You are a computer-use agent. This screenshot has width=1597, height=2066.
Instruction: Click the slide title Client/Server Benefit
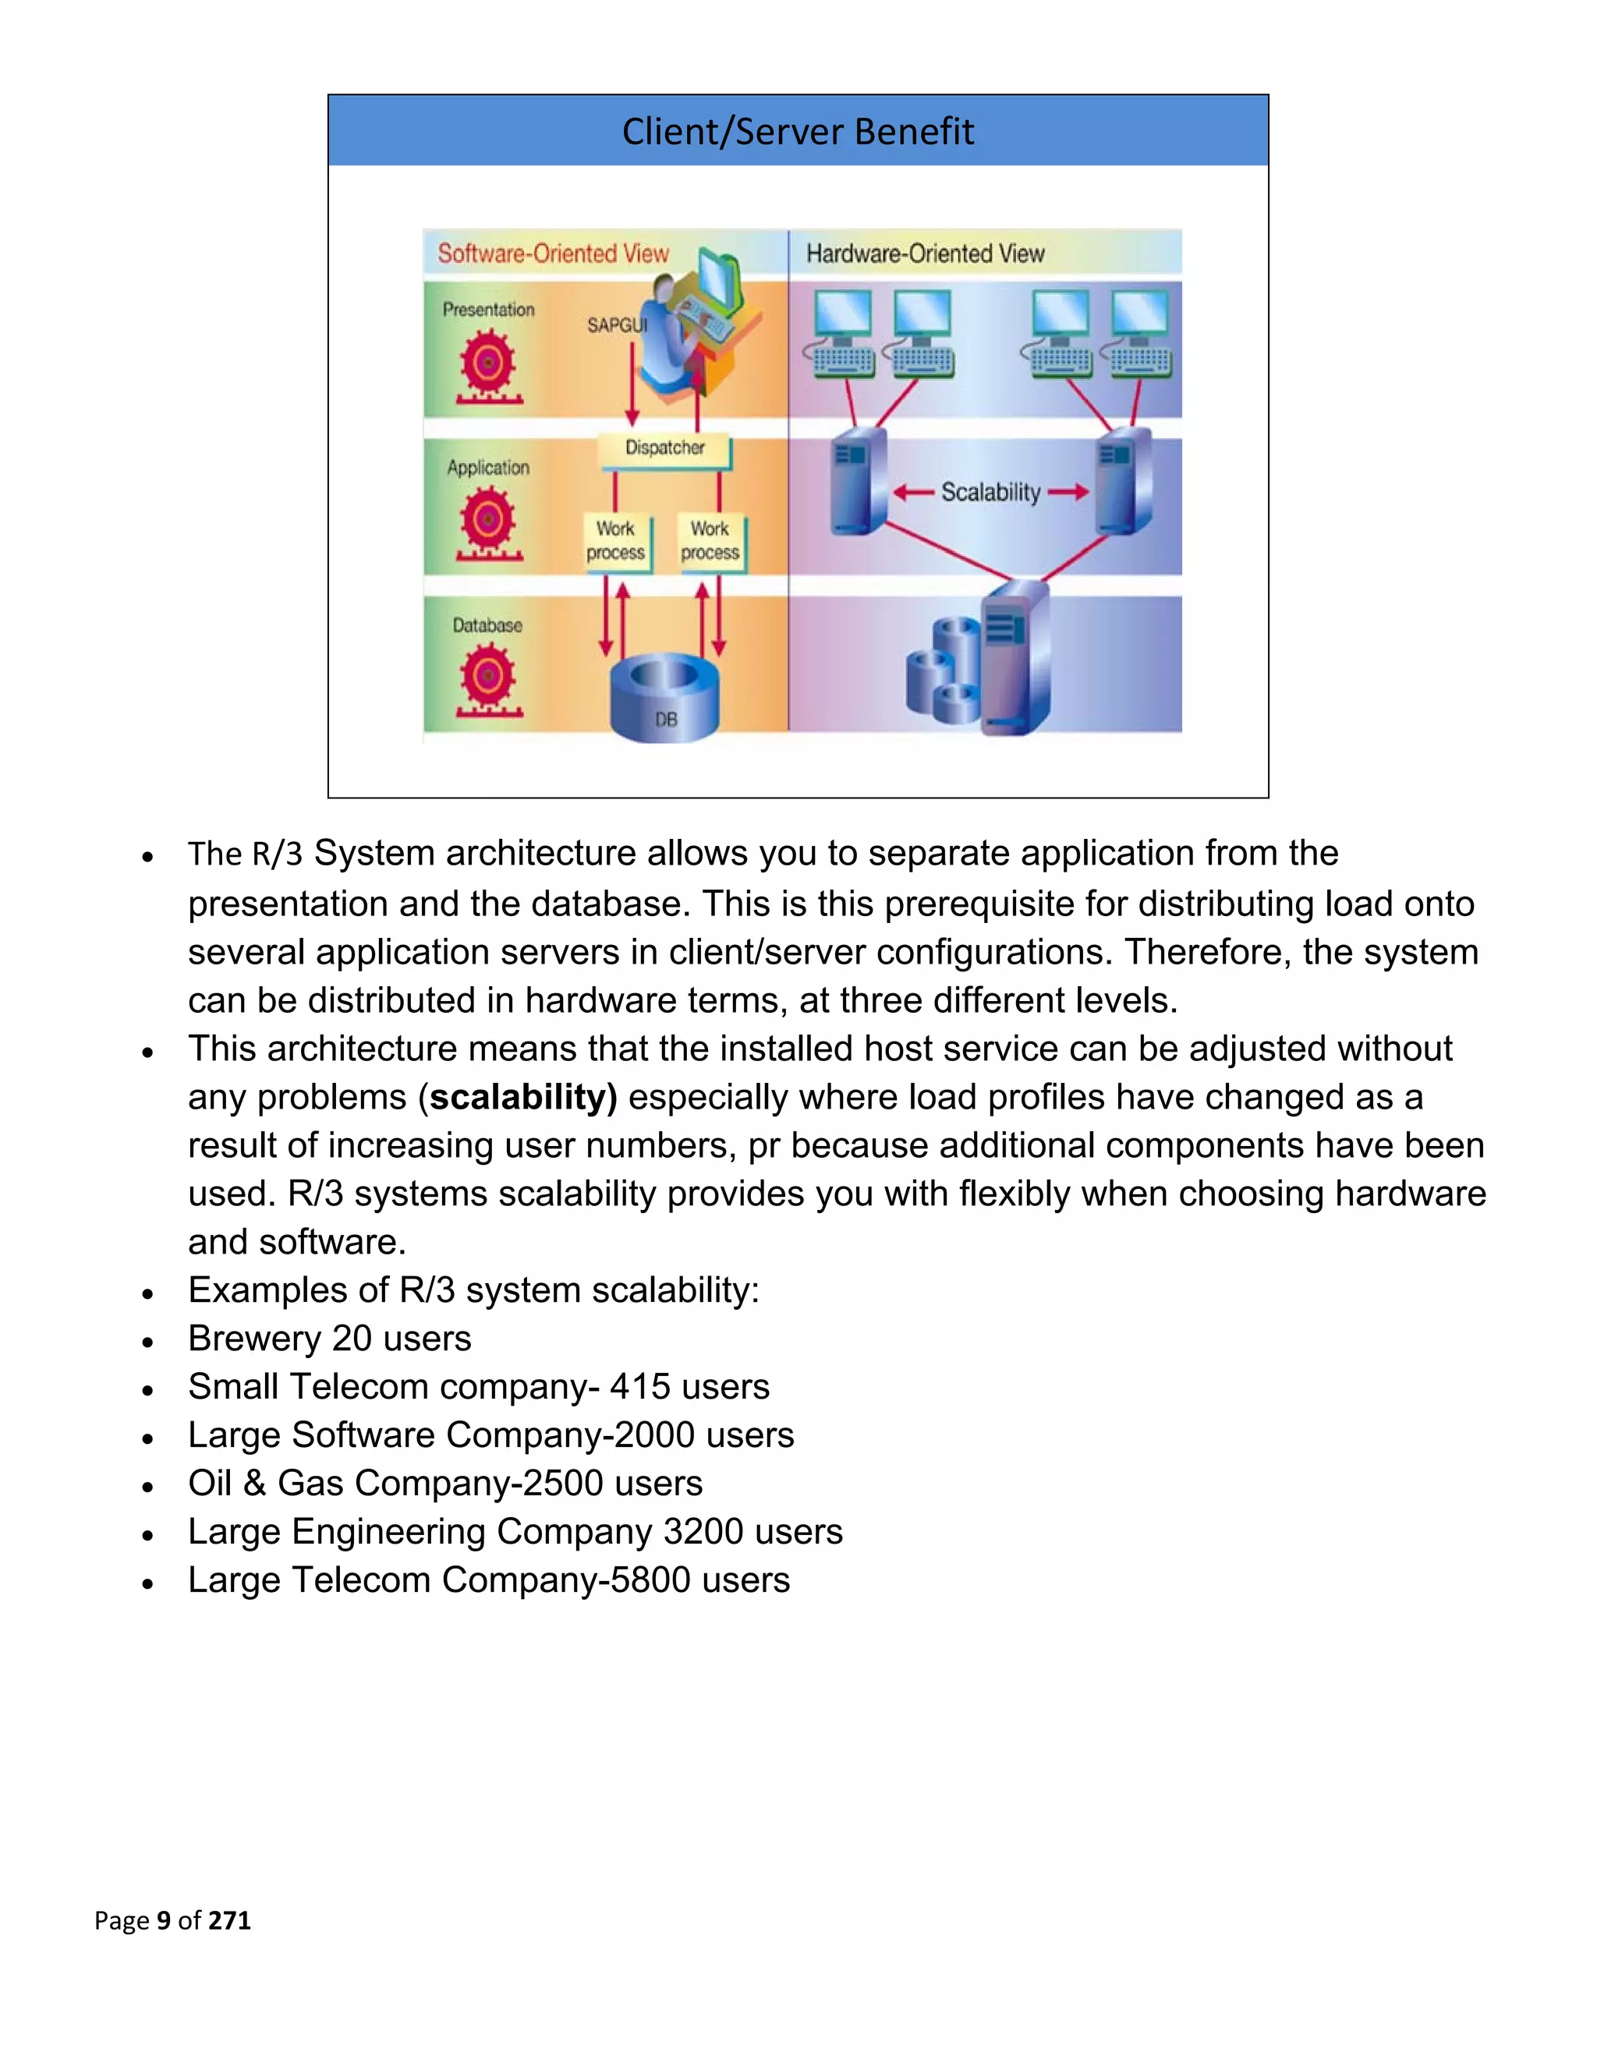(x=797, y=132)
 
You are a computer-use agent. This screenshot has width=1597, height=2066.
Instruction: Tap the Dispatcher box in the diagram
(x=664, y=448)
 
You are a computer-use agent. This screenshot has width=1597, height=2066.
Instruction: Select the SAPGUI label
(x=617, y=325)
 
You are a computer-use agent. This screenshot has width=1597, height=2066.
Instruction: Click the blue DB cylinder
(x=664, y=698)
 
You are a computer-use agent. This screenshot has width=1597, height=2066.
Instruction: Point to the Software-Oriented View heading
(x=553, y=253)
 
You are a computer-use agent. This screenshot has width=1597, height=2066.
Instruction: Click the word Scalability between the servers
(x=990, y=492)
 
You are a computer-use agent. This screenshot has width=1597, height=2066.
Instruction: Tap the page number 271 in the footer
(x=229, y=1920)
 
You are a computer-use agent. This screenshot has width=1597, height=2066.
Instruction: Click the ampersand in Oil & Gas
(x=253, y=1484)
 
